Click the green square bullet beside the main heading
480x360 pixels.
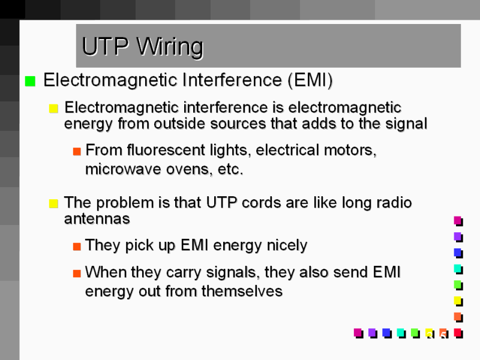point(30,82)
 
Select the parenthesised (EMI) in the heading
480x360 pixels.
point(310,80)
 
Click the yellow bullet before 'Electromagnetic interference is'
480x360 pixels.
point(53,109)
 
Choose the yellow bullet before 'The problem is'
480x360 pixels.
point(53,203)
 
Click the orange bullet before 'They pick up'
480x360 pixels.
point(76,246)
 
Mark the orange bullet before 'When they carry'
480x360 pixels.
point(76,274)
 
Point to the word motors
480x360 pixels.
point(353,150)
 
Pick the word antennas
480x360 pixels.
point(97,220)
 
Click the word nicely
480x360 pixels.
point(286,245)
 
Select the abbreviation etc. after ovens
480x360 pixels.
point(231,169)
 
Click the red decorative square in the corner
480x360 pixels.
point(458,332)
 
